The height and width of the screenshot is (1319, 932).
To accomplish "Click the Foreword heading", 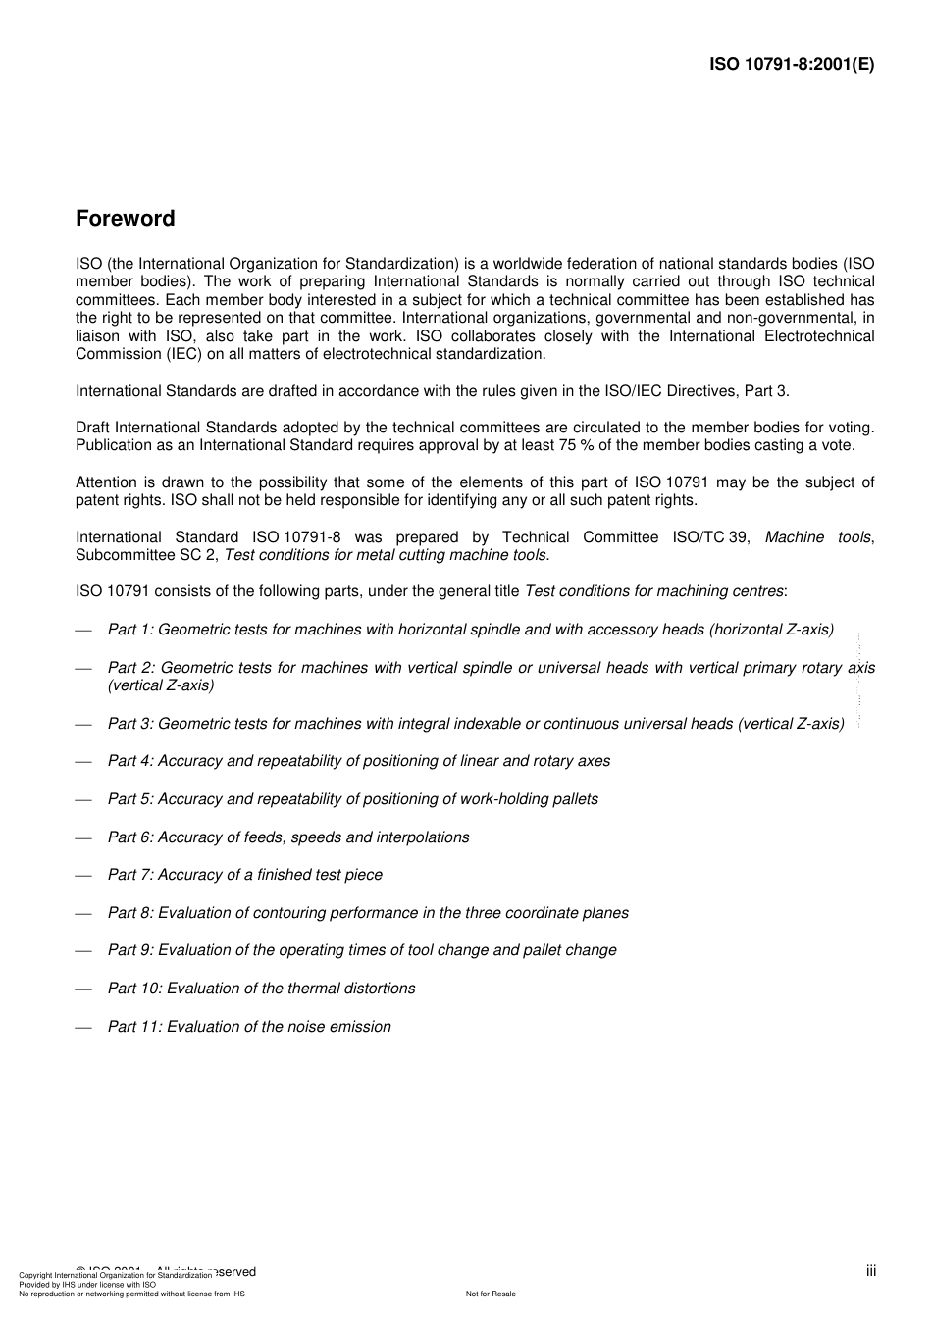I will tap(126, 219).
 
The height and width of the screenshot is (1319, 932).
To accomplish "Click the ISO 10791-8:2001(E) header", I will tap(792, 65).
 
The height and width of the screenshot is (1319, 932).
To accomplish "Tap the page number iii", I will tap(870, 1271).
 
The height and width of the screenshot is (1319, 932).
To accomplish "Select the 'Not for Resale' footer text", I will tap(491, 1294).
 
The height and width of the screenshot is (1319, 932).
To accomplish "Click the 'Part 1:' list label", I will tap(130, 630).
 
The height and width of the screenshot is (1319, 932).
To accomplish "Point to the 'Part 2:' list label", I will tap(131, 668).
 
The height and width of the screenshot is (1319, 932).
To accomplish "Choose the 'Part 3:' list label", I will tap(130, 724).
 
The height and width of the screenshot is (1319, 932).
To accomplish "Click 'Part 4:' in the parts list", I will tap(130, 761).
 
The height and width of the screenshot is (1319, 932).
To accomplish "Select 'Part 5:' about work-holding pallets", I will tap(130, 799).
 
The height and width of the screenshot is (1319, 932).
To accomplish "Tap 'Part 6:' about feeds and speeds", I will tap(130, 837).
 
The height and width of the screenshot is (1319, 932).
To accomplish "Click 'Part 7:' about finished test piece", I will tap(130, 875).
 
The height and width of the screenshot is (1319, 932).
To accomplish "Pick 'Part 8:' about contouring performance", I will tap(130, 913).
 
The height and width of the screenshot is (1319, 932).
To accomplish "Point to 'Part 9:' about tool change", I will tap(130, 950).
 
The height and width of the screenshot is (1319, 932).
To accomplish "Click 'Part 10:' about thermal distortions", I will tap(134, 989).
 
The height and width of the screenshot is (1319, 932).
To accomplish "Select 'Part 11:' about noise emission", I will tap(134, 1027).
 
